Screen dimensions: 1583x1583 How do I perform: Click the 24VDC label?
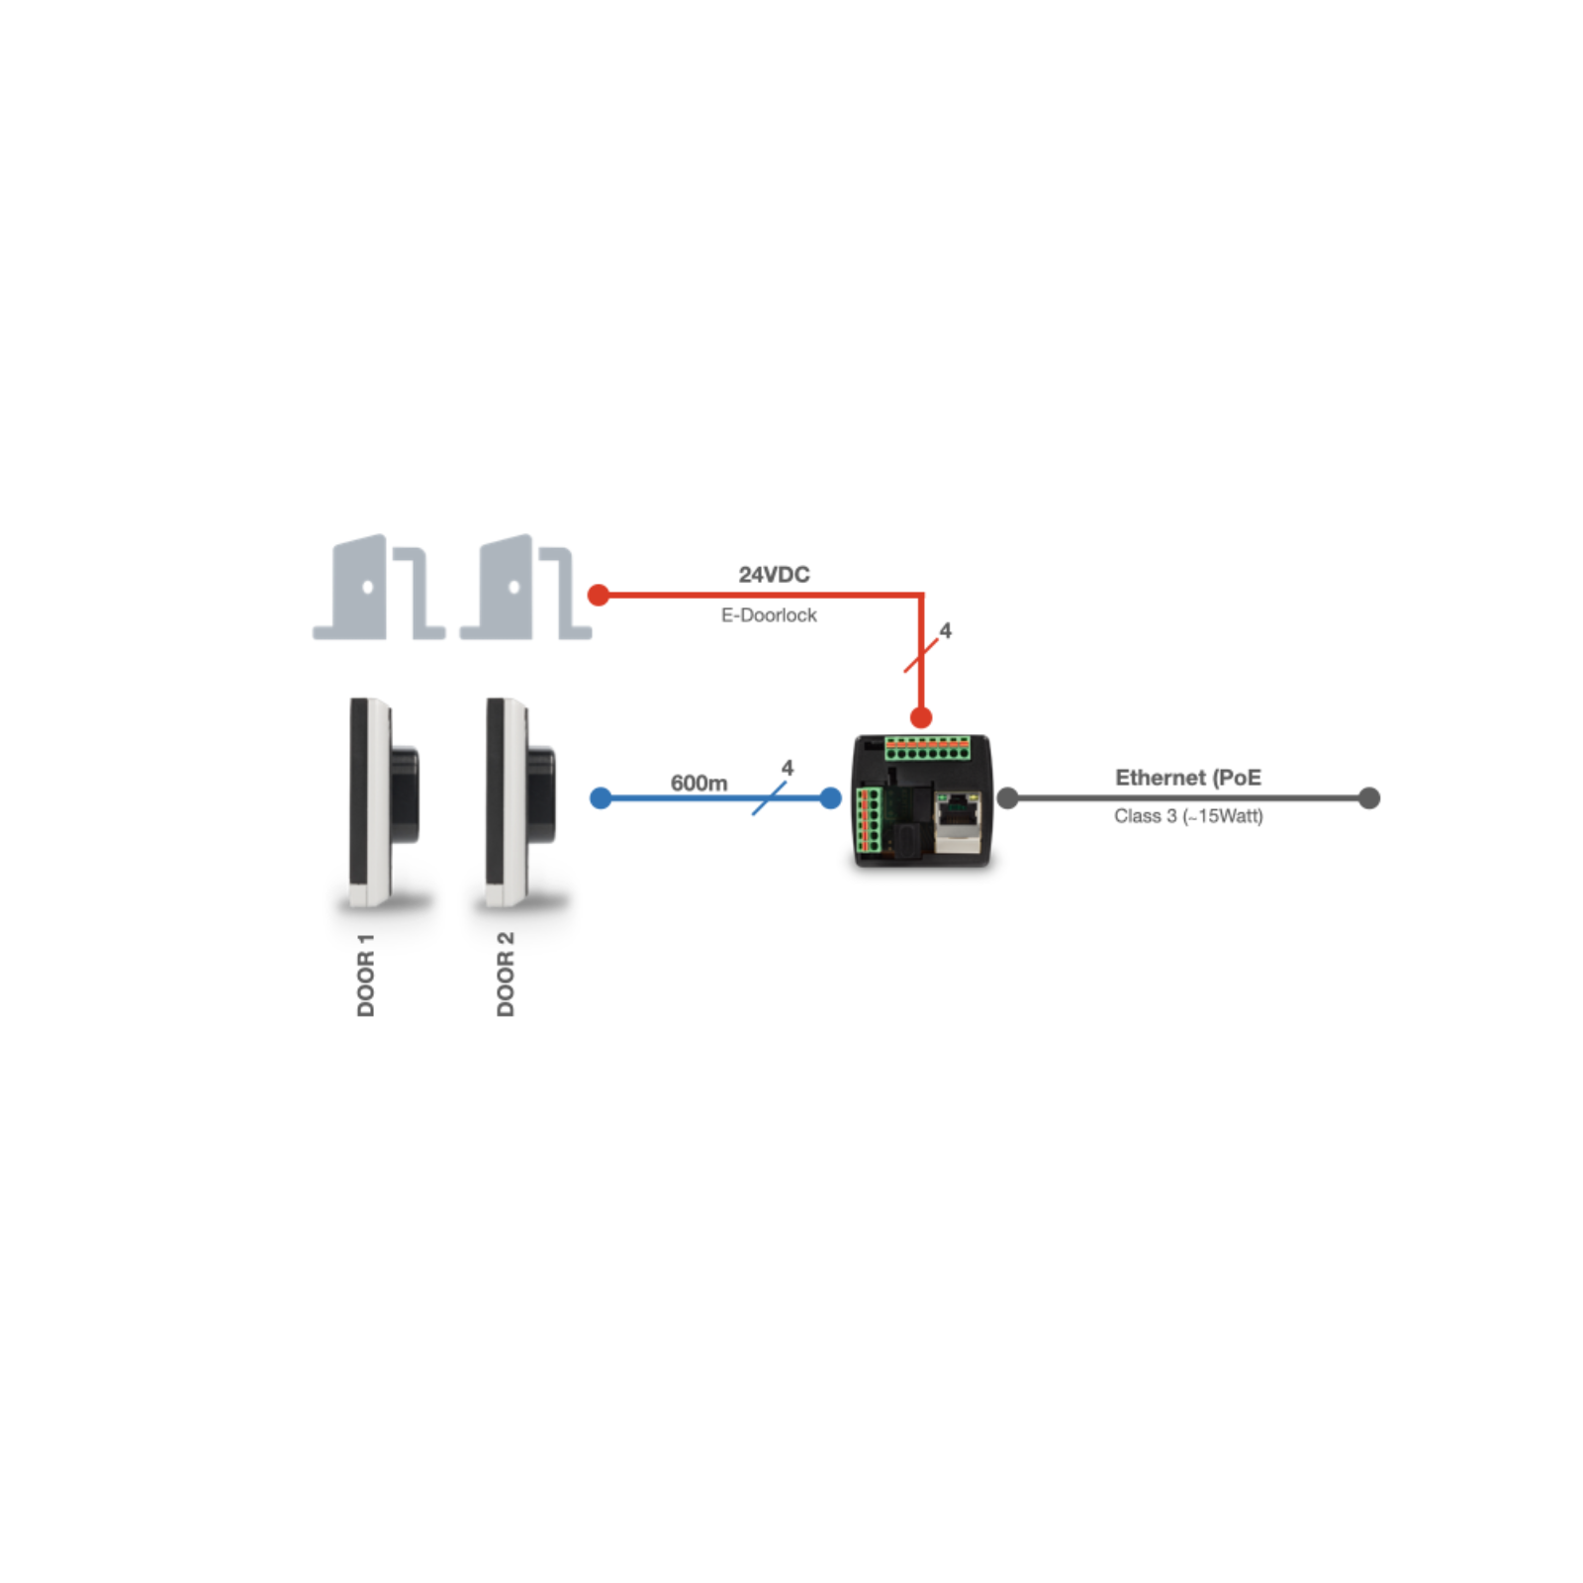coord(774,575)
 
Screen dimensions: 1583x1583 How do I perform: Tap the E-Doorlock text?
coord(769,615)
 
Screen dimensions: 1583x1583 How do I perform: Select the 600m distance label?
coord(698,783)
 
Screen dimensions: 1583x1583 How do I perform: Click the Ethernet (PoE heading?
coord(1187,778)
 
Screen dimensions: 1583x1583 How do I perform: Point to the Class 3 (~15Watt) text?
coord(1187,816)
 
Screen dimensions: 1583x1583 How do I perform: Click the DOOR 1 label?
coord(366,975)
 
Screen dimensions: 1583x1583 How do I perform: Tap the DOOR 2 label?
coord(506,975)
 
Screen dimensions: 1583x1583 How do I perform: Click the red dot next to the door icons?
coord(599,595)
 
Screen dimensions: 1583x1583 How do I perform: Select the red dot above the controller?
coord(921,717)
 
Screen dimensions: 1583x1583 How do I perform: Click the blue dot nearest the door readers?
coord(601,798)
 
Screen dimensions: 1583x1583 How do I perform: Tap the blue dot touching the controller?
coord(831,798)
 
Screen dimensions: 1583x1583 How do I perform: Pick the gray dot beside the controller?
coord(1008,798)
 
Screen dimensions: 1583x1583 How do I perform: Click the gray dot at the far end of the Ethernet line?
coord(1369,798)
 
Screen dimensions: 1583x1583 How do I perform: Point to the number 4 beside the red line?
coord(946,630)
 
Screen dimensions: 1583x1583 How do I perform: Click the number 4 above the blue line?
coord(788,768)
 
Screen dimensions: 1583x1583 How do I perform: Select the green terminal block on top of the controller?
coord(927,748)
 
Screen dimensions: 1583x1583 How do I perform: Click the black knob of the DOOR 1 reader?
coord(405,795)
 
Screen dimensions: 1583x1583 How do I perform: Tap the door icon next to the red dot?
coord(525,588)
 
